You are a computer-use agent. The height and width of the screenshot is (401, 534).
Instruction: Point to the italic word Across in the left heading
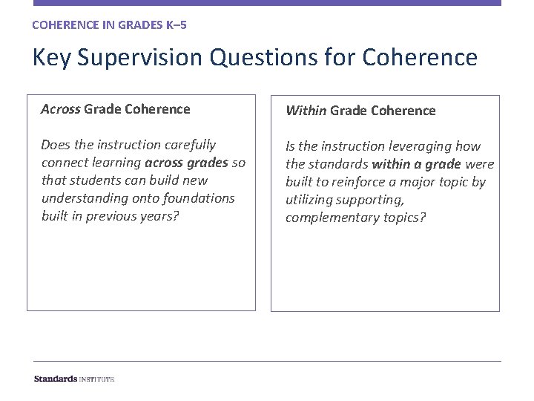61,109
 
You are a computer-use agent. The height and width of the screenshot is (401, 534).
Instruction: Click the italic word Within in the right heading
306,111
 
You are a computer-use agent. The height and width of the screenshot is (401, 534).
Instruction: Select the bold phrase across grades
186,163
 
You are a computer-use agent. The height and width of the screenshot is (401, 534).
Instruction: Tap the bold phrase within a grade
416,164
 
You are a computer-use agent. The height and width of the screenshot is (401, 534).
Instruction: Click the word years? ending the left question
162,216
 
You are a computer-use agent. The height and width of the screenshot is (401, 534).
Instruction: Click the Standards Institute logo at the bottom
74,379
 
